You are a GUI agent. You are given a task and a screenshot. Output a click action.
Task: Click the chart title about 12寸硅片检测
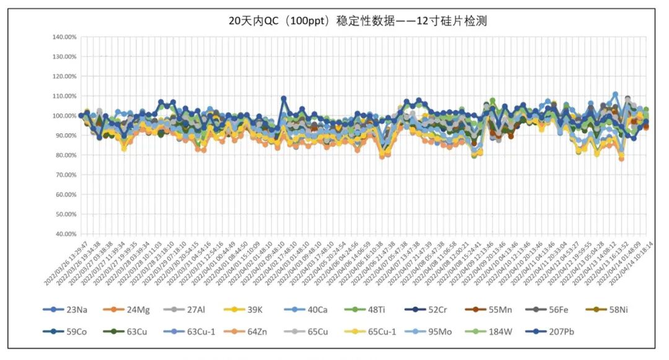click(358, 21)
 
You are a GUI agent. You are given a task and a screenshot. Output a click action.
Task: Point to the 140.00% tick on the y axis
click(64, 37)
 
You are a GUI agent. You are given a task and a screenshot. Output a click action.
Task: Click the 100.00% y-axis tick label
click(64, 116)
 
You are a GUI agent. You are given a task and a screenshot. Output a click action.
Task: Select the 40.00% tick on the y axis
click(64, 234)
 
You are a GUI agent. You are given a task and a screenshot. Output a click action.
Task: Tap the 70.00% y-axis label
click(64, 175)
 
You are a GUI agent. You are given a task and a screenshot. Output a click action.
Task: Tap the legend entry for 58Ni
click(624, 310)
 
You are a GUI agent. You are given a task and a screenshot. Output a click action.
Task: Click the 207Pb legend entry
click(551, 331)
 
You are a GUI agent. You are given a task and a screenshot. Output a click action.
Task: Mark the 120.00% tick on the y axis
click(64, 77)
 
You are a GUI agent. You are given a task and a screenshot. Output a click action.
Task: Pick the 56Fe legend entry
click(564, 310)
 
